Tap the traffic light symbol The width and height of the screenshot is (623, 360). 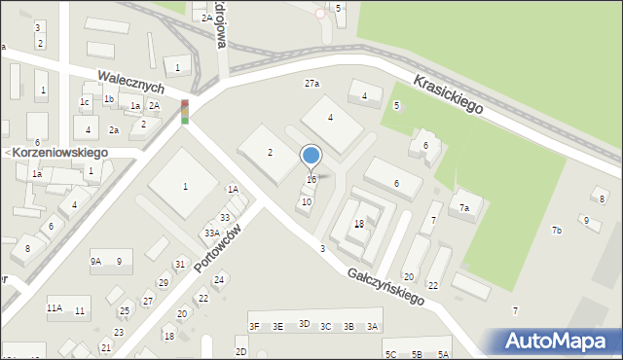[x=185, y=112]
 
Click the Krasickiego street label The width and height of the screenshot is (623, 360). [x=448, y=94]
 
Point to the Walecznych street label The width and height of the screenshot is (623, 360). [x=129, y=82]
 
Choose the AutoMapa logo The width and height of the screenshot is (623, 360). [x=560, y=342]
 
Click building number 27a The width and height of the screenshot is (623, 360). [x=311, y=84]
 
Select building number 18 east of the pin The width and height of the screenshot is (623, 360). [x=359, y=224]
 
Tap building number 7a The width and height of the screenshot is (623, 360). [x=465, y=208]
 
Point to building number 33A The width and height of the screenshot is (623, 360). [x=211, y=234]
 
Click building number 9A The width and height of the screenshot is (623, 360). [x=96, y=261]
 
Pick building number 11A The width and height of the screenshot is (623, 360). [x=55, y=308]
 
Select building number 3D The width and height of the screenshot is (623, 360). [x=304, y=324]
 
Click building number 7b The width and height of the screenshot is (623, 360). [x=557, y=231]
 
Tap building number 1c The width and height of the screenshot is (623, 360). [x=85, y=102]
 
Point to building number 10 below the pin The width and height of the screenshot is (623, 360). [x=307, y=202]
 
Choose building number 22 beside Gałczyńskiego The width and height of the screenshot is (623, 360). [x=433, y=286]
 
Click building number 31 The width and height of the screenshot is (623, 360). [x=180, y=265]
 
